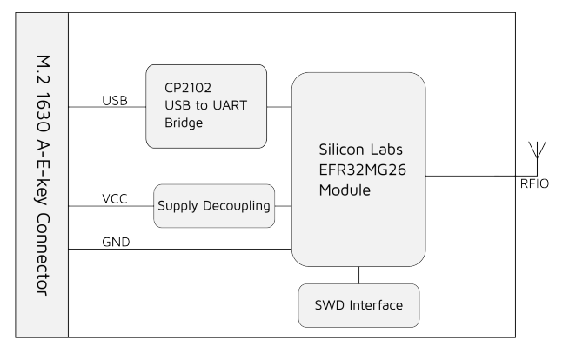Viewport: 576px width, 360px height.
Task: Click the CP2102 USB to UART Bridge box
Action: coord(206,106)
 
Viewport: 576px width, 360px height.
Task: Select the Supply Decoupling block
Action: coord(214,207)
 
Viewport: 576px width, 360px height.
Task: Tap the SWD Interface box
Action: coord(358,305)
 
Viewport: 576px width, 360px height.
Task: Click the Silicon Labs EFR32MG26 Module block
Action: coord(358,170)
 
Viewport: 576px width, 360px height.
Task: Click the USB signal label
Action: coord(115,101)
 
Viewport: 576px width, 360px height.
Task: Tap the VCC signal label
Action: coord(115,199)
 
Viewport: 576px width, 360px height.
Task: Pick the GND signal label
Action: coord(116,242)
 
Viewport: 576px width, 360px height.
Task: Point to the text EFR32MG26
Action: coord(358,169)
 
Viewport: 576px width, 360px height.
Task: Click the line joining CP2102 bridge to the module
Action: coord(279,108)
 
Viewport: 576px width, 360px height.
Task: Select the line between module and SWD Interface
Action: coord(358,275)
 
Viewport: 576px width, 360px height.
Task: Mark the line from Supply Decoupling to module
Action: coord(283,207)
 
